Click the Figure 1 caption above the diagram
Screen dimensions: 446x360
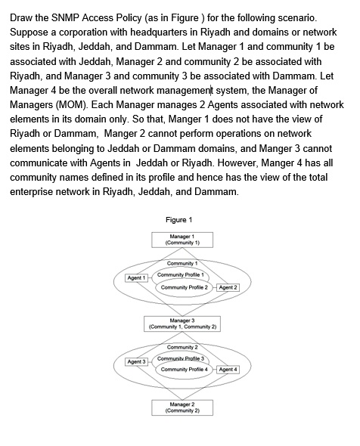[179, 220]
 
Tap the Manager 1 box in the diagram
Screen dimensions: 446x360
[182, 240]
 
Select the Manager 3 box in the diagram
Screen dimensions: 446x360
[182, 324]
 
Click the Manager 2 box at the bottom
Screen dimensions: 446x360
[182, 407]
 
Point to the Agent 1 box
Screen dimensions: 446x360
[136, 278]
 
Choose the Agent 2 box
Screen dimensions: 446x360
[228, 287]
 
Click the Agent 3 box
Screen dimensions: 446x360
[136, 361]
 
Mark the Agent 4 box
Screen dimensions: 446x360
[228, 370]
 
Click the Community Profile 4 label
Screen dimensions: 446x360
[184, 370]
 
